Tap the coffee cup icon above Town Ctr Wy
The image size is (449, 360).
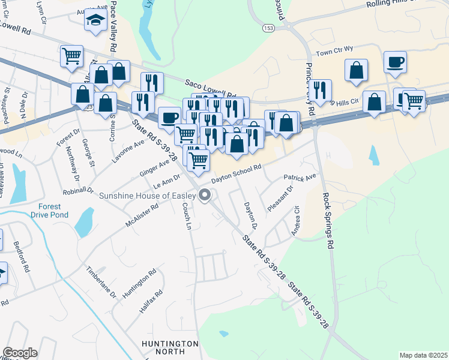coord(395,62)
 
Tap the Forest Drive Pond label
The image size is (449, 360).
coord(50,211)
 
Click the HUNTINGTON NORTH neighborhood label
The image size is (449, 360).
coord(170,348)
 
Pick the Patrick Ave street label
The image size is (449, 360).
coord(300,178)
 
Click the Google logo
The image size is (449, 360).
coord(20,352)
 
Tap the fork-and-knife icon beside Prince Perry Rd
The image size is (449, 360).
coord(320,90)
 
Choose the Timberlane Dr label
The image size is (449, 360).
coord(100,280)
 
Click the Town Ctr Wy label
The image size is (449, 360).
coord(335,53)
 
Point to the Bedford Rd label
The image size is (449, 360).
coord(21,257)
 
